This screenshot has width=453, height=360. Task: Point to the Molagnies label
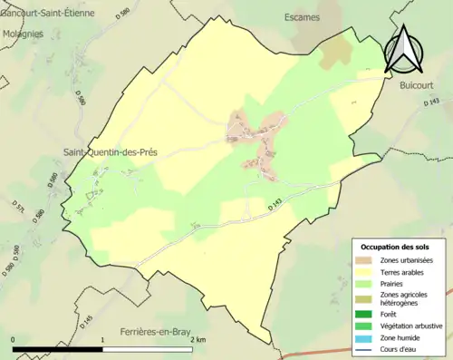click(x=23, y=34)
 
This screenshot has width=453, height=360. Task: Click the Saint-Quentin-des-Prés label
click(x=110, y=152)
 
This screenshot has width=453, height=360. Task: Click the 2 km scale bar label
click(x=198, y=340)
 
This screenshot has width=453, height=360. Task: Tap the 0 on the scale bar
click(x=13, y=340)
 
